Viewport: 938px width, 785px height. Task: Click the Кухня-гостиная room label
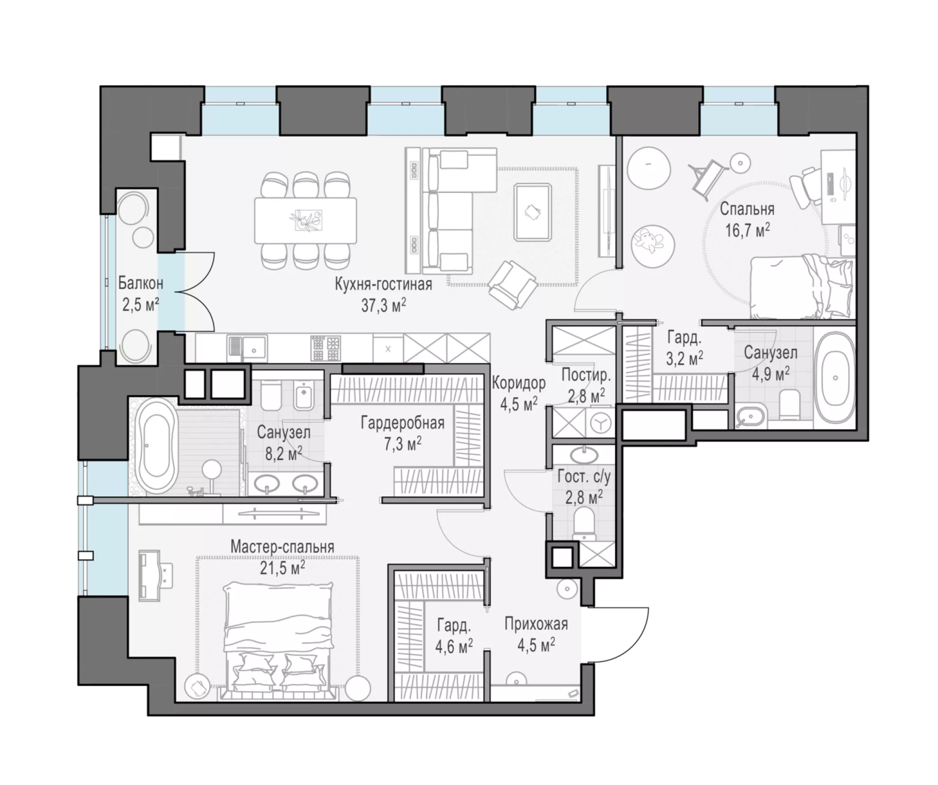pyautogui.click(x=383, y=284)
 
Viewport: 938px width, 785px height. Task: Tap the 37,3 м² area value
pyautogui.click(x=384, y=305)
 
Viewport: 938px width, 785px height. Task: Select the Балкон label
pyautogui.click(x=141, y=283)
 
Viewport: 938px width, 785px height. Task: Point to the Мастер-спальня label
pyautogui.click(x=282, y=547)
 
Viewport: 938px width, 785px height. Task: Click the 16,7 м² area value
pyautogui.click(x=747, y=229)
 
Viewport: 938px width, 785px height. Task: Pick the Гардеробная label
pyautogui.click(x=403, y=423)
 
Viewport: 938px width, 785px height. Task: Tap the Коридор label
pyautogui.click(x=518, y=383)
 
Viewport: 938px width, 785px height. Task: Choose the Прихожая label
pyautogui.click(x=536, y=624)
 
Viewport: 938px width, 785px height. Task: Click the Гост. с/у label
pyautogui.click(x=584, y=477)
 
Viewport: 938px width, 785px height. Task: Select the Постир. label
pyautogui.click(x=586, y=375)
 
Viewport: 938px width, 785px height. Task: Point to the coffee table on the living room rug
pyautogui.click(x=533, y=212)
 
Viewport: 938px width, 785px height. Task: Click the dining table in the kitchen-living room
pyautogui.click(x=305, y=220)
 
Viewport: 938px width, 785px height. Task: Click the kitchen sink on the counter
pyautogui.click(x=247, y=348)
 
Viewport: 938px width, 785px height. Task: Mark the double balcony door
pyautogui.click(x=194, y=292)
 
